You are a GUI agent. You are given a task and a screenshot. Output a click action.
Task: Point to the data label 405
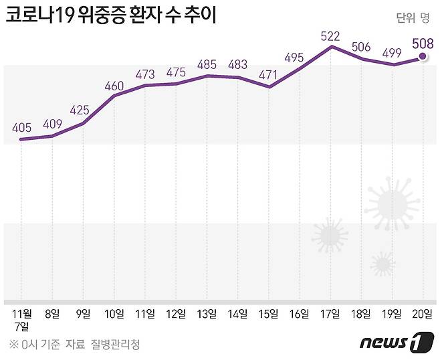click(21, 126)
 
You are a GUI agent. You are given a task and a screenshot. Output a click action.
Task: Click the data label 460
click(114, 84)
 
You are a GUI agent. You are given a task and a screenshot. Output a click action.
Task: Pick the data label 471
click(269, 75)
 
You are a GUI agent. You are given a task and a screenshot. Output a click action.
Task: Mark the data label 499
click(393, 54)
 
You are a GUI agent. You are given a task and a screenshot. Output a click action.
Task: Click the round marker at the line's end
click(423, 58)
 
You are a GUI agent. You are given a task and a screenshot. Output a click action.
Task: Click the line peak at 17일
click(331, 46)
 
